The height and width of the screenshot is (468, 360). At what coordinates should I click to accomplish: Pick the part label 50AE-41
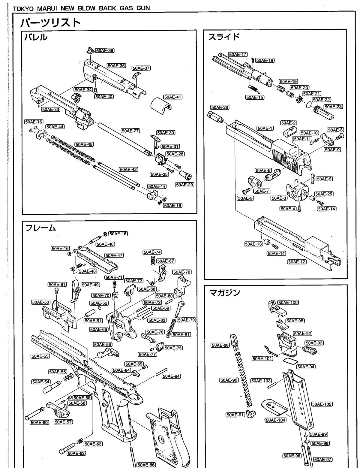(x=173, y=97)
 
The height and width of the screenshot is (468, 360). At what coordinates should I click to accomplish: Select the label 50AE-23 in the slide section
(x=333, y=107)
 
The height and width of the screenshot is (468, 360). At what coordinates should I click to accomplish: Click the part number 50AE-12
(x=296, y=262)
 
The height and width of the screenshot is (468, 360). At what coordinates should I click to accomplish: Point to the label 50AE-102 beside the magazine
(x=322, y=404)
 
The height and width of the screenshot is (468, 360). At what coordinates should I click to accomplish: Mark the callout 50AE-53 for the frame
(x=40, y=356)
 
